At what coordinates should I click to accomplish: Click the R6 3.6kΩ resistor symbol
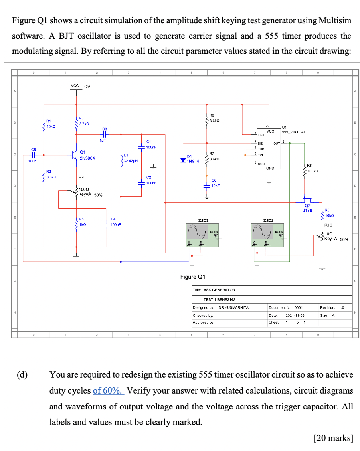point(207,120)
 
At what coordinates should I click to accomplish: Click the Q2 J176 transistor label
point(307,208)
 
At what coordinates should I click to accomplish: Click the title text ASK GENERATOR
point(220,290)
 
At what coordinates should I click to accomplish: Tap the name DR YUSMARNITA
point(233,307)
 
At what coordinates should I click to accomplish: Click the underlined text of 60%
point(109,390)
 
